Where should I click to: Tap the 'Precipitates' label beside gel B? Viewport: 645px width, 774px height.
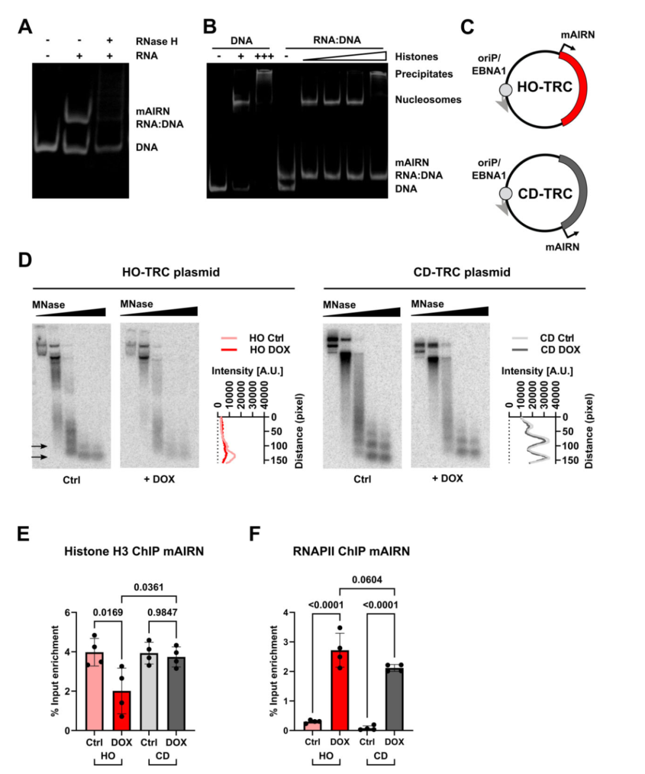coord(423,74)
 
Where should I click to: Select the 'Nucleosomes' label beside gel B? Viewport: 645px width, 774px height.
coord(428,99)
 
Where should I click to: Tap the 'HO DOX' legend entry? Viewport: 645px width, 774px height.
coord(270,350)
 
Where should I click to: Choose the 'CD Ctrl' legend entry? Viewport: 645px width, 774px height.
coord(557,338)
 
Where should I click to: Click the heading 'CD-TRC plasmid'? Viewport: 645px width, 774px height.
coord(462,273)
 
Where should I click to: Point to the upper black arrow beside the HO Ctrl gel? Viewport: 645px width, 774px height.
coord(39,446)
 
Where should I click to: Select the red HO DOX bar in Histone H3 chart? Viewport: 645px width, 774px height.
coord(122,711)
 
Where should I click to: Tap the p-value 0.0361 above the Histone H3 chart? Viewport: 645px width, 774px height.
coord(149,587)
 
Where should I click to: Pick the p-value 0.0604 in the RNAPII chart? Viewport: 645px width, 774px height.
coord(367,579)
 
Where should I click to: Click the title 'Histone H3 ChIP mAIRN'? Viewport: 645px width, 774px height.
coord(134,551)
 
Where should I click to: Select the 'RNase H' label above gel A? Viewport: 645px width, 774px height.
coord(157,42)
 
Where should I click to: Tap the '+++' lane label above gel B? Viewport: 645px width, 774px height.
coord(264,56)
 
